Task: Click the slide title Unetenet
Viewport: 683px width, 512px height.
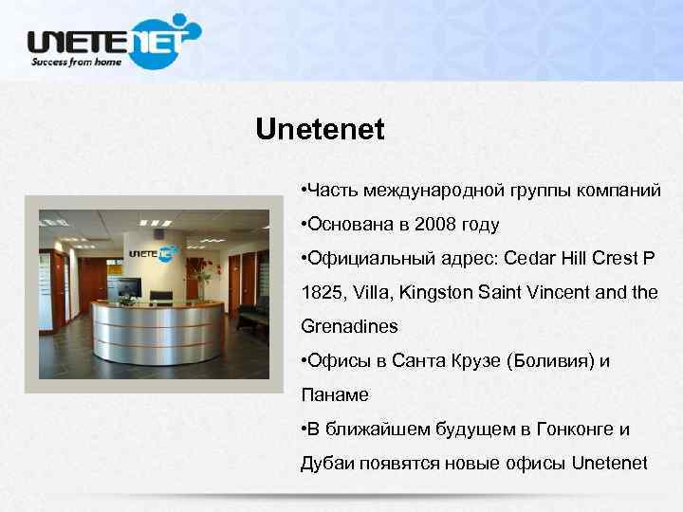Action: (x=320, y=130)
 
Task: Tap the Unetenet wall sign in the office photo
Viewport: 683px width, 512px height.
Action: (x=152, y=253)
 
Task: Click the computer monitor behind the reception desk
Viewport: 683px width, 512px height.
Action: (x=129, y=284)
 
